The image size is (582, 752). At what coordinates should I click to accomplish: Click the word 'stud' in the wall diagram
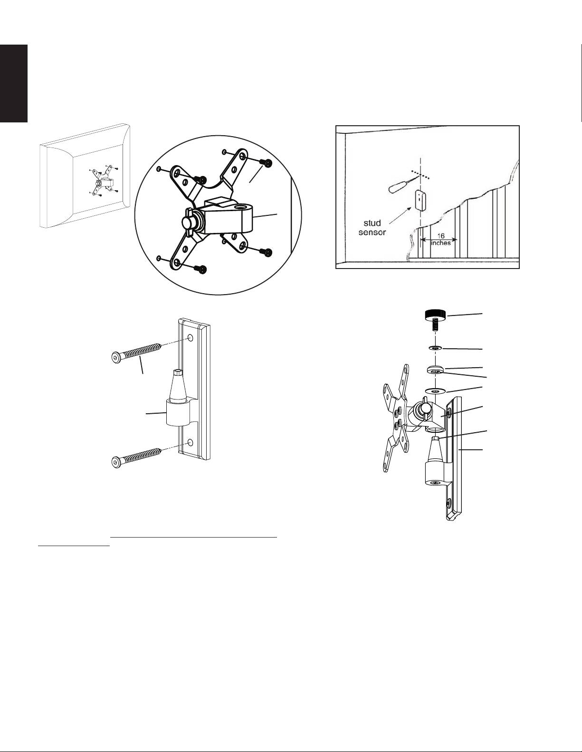(x=372, y=223)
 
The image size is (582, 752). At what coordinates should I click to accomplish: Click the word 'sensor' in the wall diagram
(x=372, y=232)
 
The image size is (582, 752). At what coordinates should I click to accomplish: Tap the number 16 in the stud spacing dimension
(x=440, y=236)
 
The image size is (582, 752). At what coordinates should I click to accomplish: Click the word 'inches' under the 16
(x=441, y=242)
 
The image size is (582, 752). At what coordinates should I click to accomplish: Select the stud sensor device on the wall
(x=420, y=200)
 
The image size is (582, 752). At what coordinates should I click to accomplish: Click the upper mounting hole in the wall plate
(x=190, y=338)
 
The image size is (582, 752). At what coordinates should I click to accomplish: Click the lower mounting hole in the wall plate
(x=190, y=442)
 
